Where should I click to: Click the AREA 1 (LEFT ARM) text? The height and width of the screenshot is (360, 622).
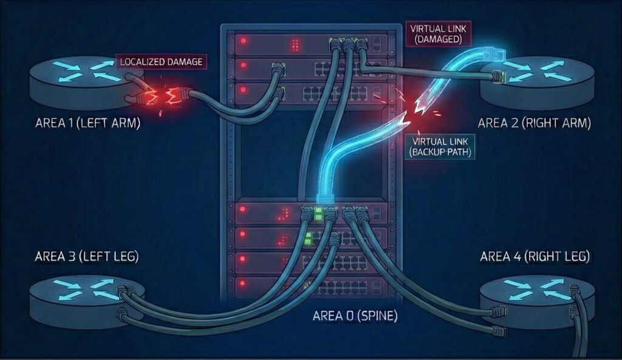87,123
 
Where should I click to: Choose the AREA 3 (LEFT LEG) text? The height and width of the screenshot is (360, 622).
87,256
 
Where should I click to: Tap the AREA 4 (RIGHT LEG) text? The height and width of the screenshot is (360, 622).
535,256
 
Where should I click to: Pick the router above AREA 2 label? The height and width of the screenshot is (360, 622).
535,82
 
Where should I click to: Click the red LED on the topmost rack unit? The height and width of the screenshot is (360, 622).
244,42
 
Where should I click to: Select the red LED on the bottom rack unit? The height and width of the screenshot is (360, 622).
244,282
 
